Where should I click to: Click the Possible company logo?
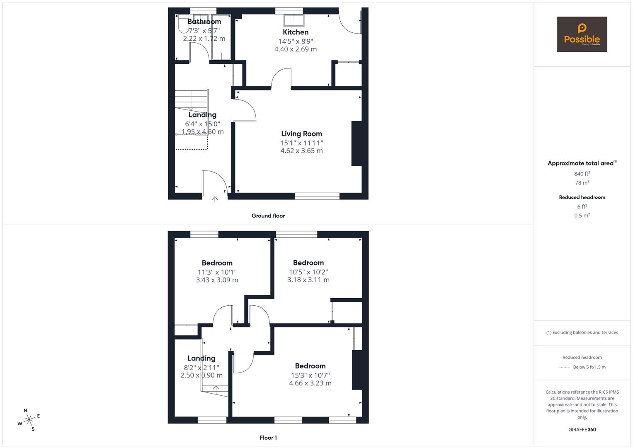click(x=582, y=34)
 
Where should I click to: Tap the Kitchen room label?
click(x=296, y=32)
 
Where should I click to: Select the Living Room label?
click(x=301, y=134)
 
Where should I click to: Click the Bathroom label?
click(x=204, y=22)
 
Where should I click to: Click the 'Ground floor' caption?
click(x=268, y=216)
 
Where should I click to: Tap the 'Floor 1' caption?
click(x=268, y=438)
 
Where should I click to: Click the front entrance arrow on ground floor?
click(x=215, y=200)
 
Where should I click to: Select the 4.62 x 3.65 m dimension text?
click(x=301, y=151)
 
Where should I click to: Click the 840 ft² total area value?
click(x=582, y=174)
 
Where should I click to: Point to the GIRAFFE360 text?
click(x=582, y=429)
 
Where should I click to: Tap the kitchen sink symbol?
click(x=294, y=20)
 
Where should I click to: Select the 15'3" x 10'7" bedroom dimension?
click(x=310, y=375)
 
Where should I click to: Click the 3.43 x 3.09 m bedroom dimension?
click(x=217, y=280)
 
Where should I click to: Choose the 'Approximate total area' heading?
click(x=582, y=163)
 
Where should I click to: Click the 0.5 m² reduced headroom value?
click(x=582, y=216)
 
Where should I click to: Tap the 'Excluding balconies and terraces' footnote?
click(x=582, y=332)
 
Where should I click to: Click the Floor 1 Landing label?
click(x=201, y=358)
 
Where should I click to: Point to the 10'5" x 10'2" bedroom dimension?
click(x=308, y=272)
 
